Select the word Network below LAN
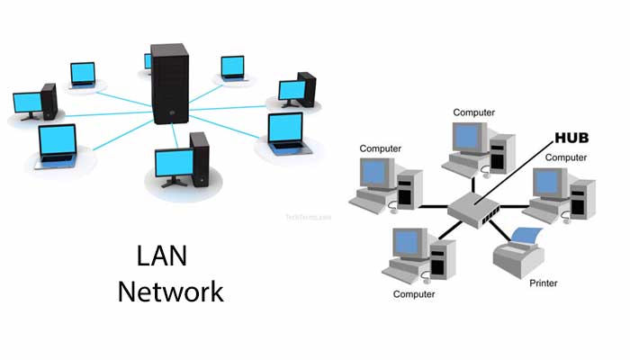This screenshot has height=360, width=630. tap(170, 292)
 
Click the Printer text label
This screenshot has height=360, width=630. tap(542, 283)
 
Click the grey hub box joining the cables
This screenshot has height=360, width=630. tap(475, 208)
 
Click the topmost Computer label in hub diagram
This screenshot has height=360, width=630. tap(473, 112)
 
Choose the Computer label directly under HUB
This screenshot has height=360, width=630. tap(566, 157)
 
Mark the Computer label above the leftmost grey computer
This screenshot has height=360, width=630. tap(380, 148)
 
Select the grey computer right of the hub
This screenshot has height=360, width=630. tap(558, 193)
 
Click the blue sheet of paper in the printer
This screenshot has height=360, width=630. tap(526, 237)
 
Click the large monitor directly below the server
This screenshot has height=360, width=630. tap(173, 163)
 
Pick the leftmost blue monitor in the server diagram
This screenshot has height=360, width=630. tap(28, 102)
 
